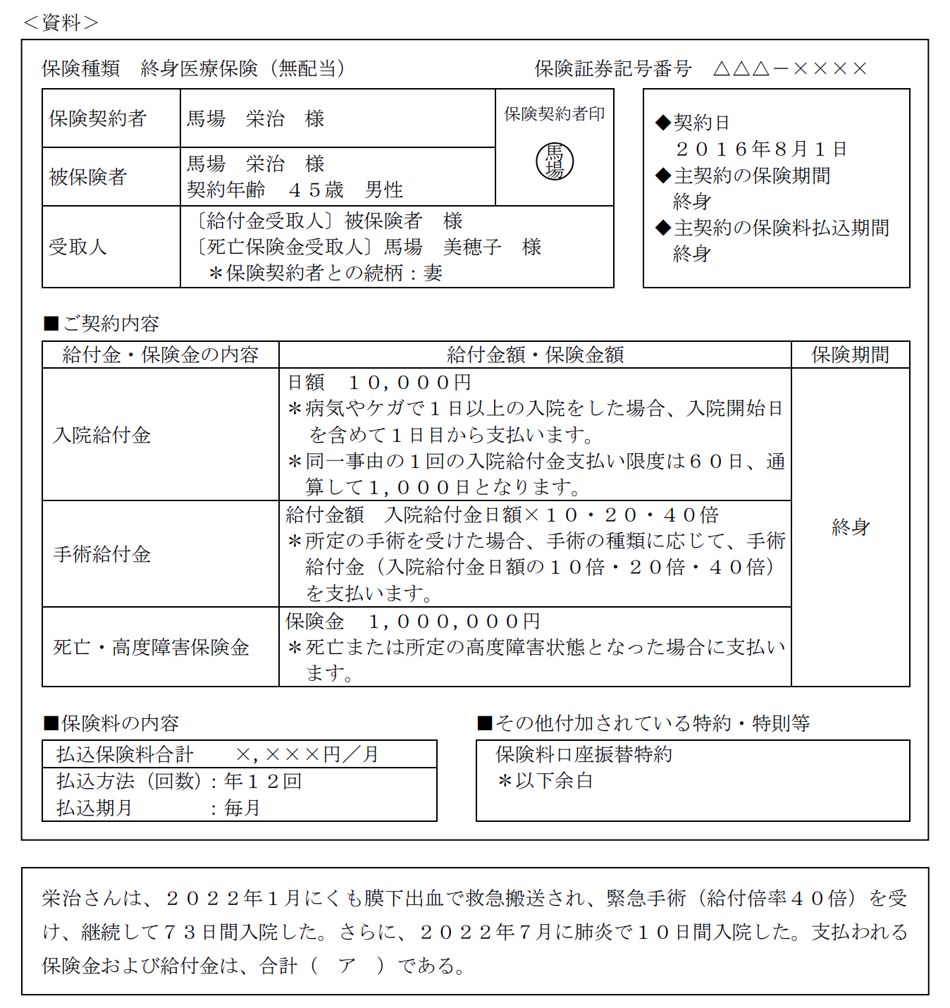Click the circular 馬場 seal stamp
(555, 161)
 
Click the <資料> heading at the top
(61, 23)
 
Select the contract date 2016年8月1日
(761, 149)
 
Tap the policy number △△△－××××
(790, 68)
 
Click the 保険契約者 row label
(97, 118)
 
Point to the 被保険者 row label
(87, 176)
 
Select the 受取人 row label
(78, 247)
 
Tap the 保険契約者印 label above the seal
(554, 113)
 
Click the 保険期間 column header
(850, 355)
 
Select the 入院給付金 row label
(102, 435)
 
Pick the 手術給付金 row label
(102, 554)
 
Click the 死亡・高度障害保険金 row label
(152, 647)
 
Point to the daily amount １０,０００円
(409, 382)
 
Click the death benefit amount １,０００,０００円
(455, 621)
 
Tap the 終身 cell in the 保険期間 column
(850, 527)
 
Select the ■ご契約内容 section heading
(101, 324)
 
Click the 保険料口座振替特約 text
(584, 754)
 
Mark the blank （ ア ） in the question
(347, 965)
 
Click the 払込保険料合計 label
(125, 754)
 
